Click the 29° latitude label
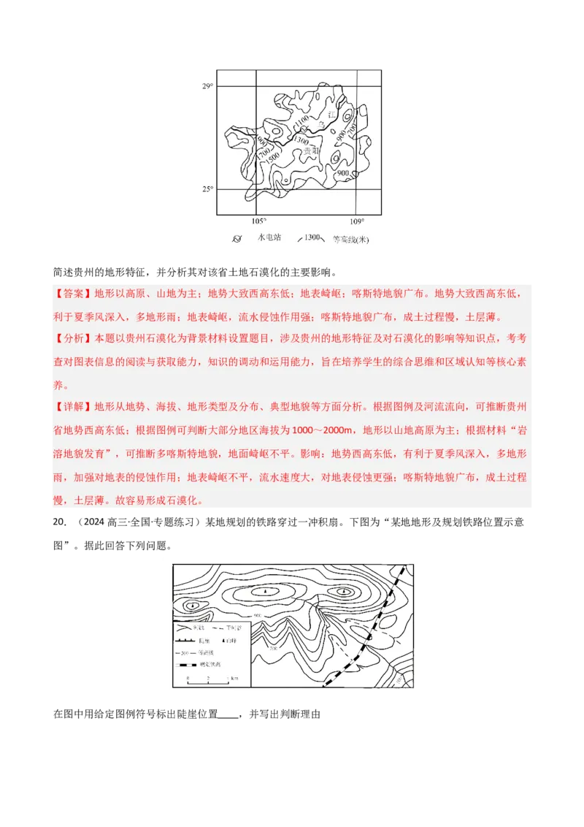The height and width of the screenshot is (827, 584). coord(207,87)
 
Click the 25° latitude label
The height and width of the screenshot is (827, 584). coord(207,189)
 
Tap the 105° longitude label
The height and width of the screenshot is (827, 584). coord(258,221)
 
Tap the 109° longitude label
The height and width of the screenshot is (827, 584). coord(357,221)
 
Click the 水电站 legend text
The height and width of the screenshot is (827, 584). coord(269,238)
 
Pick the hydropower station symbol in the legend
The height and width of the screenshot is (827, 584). coord(237,239)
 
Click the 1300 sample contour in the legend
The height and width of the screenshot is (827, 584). coord(312,238)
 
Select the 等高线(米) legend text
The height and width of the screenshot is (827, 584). coord(351,239)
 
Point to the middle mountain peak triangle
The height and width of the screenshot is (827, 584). coord(266,591)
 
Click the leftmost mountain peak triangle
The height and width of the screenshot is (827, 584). coord(192,606)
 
